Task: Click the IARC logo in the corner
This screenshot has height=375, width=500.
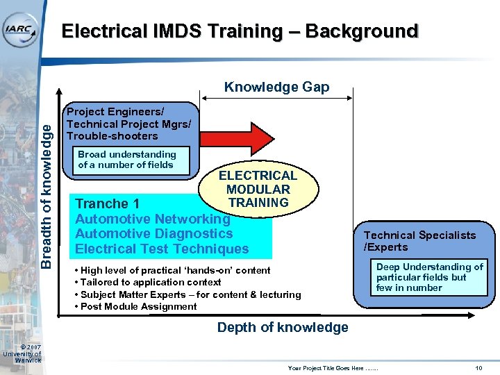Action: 21,28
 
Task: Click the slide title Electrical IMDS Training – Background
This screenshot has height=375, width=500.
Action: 240,31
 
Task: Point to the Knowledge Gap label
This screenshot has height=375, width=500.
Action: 276,87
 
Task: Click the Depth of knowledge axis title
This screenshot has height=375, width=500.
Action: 283,327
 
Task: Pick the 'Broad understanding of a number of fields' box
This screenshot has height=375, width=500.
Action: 127,159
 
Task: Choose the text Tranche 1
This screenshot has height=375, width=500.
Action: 108,203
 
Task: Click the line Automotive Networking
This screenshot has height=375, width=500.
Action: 152,219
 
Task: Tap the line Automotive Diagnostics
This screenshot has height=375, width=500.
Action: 153,234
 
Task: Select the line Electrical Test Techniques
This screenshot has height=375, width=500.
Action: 162,249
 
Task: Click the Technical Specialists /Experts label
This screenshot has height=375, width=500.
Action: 419,241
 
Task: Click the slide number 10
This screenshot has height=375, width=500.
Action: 478,367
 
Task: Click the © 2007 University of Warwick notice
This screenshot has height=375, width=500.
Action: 24,353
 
